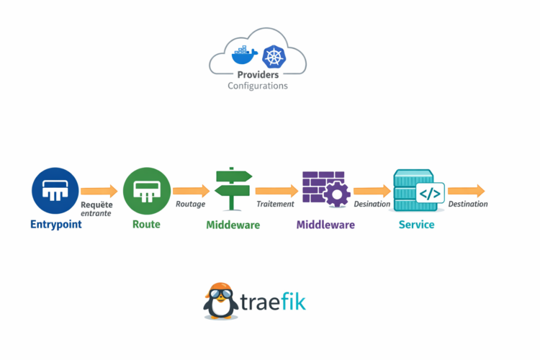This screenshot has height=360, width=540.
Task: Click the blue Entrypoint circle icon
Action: tap(55, 191)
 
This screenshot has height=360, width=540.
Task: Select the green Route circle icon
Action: tap(146, 191)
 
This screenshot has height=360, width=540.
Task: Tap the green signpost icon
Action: tap(233, 189)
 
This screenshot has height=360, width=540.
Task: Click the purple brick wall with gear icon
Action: tap(325, 189)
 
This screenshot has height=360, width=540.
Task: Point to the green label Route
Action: tap(146, 225)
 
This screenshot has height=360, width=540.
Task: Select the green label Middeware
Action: tap(233, 225)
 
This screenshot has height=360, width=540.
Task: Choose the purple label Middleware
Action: tap(325, 225)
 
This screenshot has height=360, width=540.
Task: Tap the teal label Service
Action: tap(416, 225)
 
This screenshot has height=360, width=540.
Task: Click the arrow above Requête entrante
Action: tap(99, 191)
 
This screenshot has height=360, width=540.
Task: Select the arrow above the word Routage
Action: tap(191, 191)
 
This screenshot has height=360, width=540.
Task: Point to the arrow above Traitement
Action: tap(276, 191)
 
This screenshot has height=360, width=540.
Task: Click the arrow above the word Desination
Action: tap(372, 191)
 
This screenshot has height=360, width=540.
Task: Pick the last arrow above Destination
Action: tap(467, 191)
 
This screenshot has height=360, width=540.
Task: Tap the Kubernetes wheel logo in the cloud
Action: tap(273, 56)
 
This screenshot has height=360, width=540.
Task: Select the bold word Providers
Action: tap(258, 75)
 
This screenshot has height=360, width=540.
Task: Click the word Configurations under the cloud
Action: tap(258, 86)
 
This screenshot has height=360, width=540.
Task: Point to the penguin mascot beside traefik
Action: tap(221, 300)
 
